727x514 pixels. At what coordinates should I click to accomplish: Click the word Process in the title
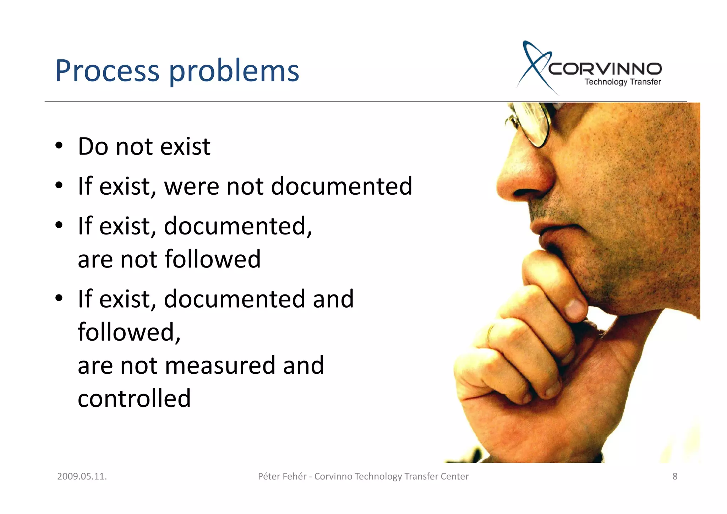[x=107, y=71]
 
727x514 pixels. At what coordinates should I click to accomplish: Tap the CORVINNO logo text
[x=605, y=69]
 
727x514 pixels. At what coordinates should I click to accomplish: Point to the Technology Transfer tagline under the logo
[x=623, y=82]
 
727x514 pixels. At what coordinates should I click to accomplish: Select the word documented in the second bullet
[x=341, y=186]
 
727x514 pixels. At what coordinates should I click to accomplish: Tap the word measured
[x=220, y=365]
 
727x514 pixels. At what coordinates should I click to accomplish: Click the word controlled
[x=134, y=398]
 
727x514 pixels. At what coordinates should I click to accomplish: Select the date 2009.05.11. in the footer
[x=82, y=476]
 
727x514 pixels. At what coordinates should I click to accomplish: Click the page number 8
[x=675, y=476]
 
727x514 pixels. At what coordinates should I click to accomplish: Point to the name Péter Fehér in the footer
[x=282, y=476]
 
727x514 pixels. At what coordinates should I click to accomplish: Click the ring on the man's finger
[x=491, y=333]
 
